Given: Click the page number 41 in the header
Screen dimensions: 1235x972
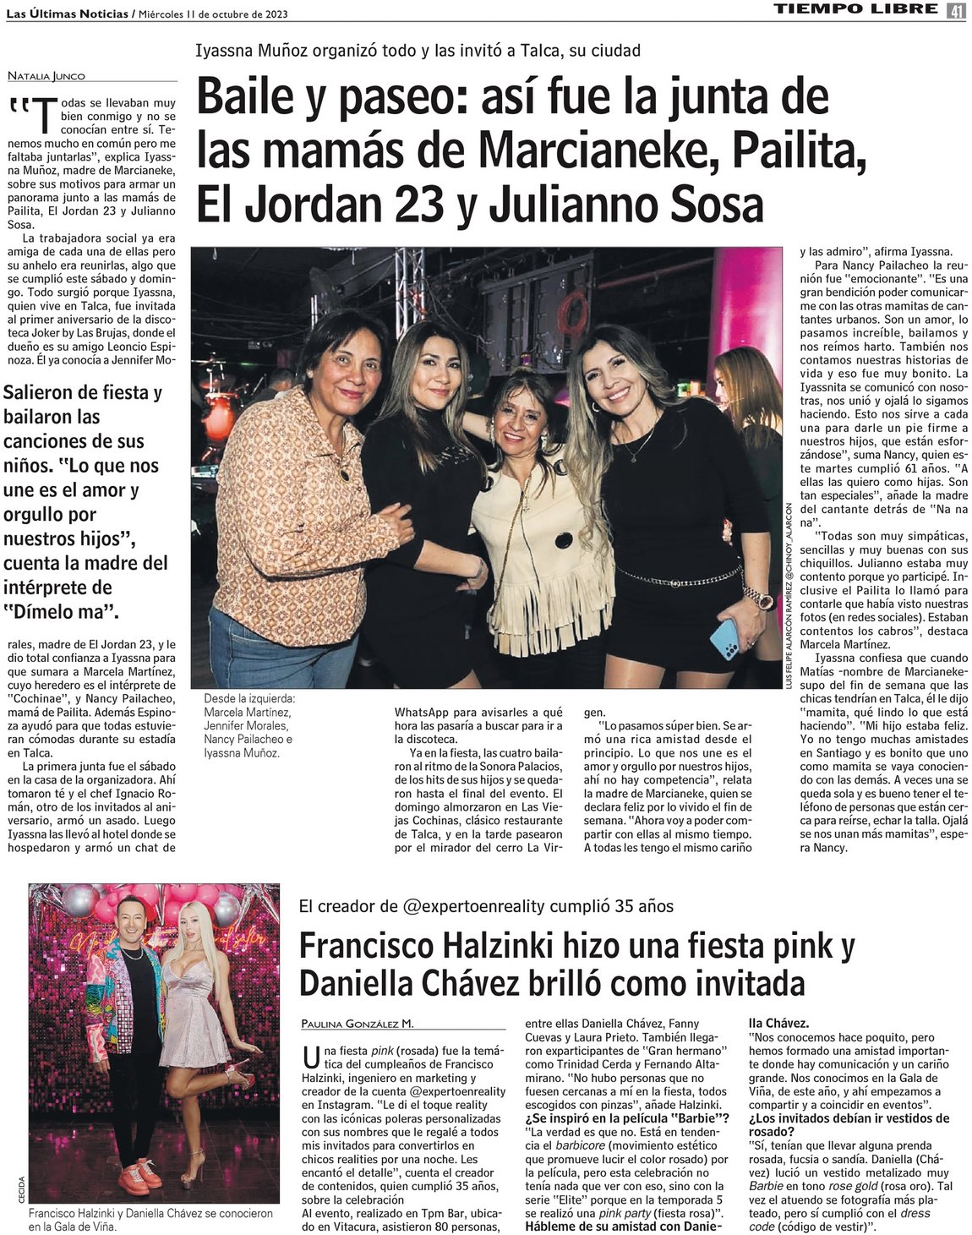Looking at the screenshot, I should pos(956,10).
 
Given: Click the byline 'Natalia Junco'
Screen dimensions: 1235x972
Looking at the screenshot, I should pos(46,76).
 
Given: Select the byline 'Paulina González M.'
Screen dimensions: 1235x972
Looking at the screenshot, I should pos(358,1024).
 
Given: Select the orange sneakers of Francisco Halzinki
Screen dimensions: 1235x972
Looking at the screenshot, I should pos(135,1174).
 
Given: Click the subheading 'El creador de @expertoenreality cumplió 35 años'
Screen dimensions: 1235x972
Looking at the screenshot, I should pos(486,906).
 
